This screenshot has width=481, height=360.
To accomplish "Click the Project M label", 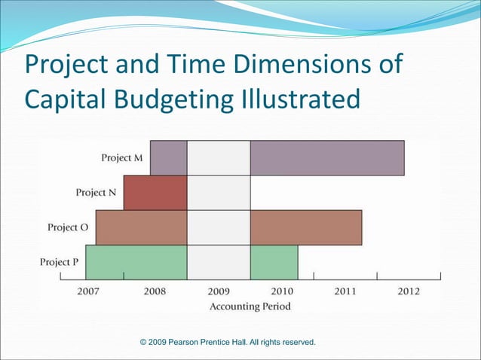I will pos(122,158).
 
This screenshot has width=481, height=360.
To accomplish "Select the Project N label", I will pos(96,193).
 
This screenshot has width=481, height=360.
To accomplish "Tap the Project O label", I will pos(68,227).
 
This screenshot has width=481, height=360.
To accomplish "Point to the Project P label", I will pos(59,262).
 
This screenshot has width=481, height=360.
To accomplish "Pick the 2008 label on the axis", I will pos(155,291).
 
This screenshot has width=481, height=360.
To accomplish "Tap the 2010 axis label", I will pos(282,291).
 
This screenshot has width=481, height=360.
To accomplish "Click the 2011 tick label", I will pos(345,291).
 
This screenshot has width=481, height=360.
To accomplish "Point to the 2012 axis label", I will pos(408,291).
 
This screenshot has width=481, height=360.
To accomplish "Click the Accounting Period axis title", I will pos(249,307).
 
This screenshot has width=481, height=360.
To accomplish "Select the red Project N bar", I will pos(155,193).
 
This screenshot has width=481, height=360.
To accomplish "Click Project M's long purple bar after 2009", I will pos(327,158).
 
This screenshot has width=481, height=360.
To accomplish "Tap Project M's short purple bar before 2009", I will pos(168,158).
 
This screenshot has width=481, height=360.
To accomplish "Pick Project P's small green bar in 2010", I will pos(274,262).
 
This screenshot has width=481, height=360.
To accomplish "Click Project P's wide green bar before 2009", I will pos(136,262).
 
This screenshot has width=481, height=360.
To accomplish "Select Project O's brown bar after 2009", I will pos(306,227).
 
